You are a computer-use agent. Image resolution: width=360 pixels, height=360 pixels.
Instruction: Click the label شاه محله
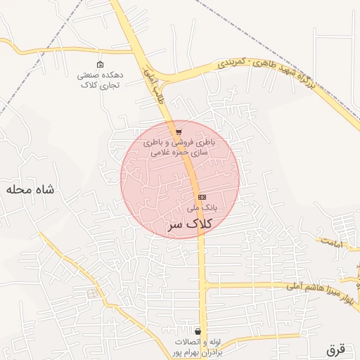point(30,190)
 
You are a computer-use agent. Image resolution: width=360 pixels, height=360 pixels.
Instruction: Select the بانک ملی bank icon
point(202,197)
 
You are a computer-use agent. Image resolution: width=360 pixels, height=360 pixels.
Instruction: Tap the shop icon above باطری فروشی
point(179,132)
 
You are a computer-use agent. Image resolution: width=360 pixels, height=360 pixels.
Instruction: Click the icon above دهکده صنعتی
point(100,64)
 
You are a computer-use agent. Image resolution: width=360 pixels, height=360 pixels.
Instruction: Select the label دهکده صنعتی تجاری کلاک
point(100,79)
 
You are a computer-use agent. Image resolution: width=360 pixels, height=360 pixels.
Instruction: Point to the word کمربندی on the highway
point(232,64)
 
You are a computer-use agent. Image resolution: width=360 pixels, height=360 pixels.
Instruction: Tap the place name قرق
point(337,349)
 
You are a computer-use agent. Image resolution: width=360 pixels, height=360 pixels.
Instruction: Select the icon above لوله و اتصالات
point(198,331)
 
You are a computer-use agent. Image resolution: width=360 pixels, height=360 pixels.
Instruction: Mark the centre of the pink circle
point(180,179)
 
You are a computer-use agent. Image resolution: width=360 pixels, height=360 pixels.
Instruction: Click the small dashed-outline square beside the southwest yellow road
point(92,293)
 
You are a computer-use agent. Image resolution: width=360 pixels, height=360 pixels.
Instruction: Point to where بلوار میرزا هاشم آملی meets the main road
point(203,284)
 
